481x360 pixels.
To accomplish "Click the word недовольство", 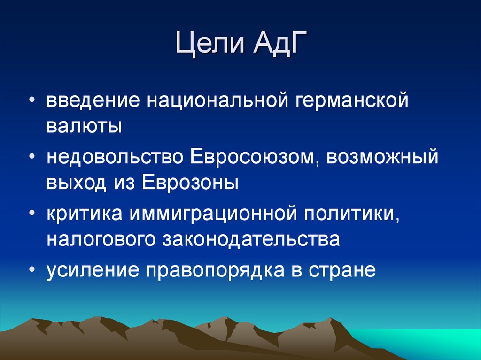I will point(115,157).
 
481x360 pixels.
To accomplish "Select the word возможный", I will point(383,157).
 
